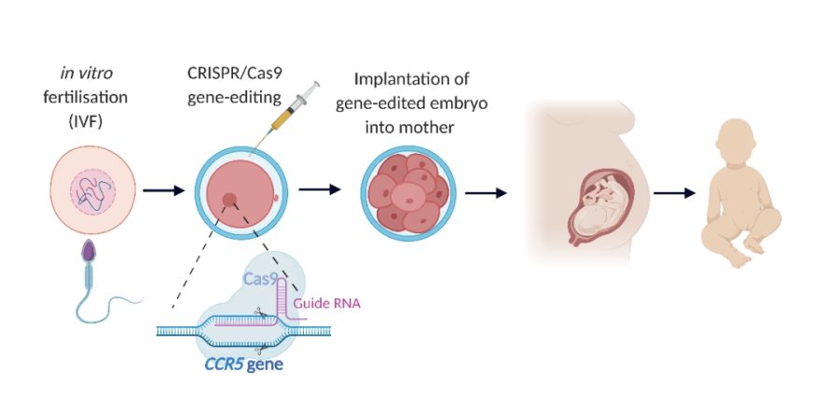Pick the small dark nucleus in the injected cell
click(x=228, y=198)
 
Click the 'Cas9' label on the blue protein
click(x=261, y=278)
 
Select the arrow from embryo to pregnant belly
click(x=485, y=193)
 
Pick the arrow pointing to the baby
click(x=675, y=193)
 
